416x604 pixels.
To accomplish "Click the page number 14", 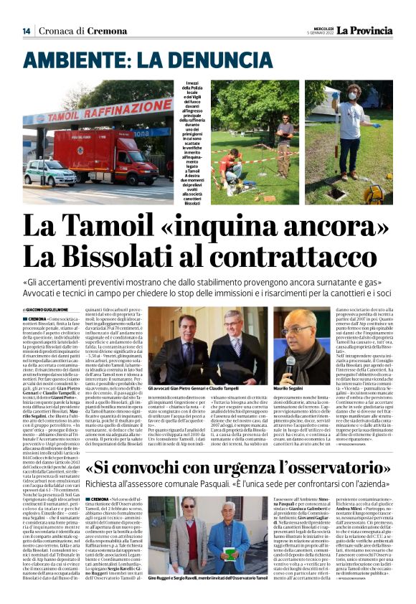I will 26,31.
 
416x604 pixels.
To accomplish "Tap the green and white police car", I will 51,174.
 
